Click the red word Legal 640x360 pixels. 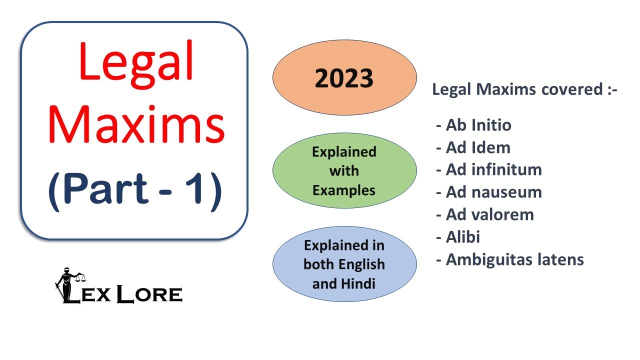(135, 62)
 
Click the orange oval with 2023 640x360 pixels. (344, 78)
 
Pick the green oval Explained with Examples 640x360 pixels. (344, 170)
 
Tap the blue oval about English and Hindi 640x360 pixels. (344, 264)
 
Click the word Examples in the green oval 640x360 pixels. (344, 190)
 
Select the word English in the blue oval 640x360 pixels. (360, 264)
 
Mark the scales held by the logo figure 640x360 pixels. (80, 275)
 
